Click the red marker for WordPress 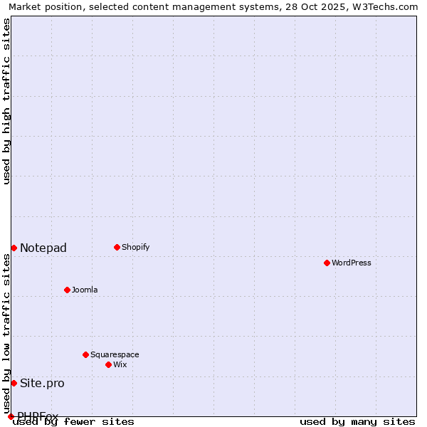327,263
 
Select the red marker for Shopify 117,247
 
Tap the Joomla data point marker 67,290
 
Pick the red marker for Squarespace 85,354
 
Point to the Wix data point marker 108,364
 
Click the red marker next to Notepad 14,248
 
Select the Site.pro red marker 14,383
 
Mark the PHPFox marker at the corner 11,416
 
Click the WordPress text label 352,263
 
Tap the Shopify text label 135,247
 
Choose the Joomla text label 85,290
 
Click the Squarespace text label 115,354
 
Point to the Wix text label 120,364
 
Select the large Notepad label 43,248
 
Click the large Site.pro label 42,383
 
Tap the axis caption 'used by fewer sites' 73,421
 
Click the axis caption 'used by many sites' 357,421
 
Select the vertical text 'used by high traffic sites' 6,101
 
